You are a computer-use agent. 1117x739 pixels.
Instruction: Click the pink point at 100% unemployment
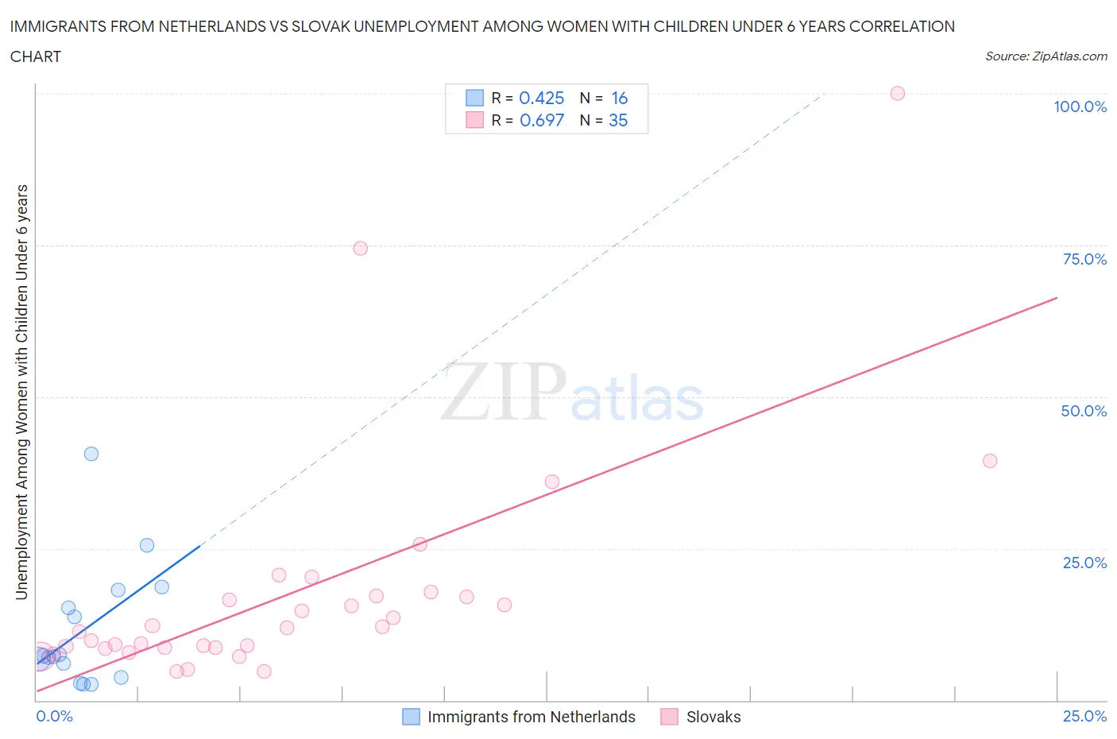pos(897,93)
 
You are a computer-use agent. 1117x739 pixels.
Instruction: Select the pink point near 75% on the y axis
pos(360,248)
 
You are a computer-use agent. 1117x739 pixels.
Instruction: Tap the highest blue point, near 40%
pos(91,454)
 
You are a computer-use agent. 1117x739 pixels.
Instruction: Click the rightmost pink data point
pos(989,461)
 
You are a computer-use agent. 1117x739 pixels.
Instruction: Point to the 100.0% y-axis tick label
pos(1080,106)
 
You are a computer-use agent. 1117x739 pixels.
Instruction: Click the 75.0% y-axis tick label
pos(1084,259)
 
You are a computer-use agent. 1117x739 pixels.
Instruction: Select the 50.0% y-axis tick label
pos(1084,411)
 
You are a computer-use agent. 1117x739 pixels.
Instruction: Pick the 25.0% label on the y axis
pos(1084,563)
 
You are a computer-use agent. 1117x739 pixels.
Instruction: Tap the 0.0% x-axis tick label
pos(54,716)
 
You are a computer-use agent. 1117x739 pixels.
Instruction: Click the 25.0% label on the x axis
pos(1084,716)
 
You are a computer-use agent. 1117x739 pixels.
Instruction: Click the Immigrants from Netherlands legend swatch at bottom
pos(411,717)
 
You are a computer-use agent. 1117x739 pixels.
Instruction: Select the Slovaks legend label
pos(713,717)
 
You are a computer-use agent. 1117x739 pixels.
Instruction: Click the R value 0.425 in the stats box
pos(541,98)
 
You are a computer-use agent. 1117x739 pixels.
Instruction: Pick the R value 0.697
pos(541,120)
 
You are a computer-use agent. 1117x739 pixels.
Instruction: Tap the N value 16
pos(620,98)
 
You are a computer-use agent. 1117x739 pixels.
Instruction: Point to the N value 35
pos(618,120)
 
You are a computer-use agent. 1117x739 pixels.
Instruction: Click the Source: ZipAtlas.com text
pos(1045,56)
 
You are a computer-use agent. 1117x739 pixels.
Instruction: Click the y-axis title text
pos(21,393)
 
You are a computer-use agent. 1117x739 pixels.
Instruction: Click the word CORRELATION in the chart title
pos(902,26)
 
